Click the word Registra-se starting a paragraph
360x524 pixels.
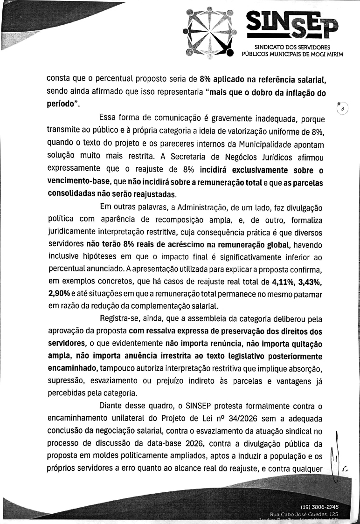(x=123, y=318)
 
